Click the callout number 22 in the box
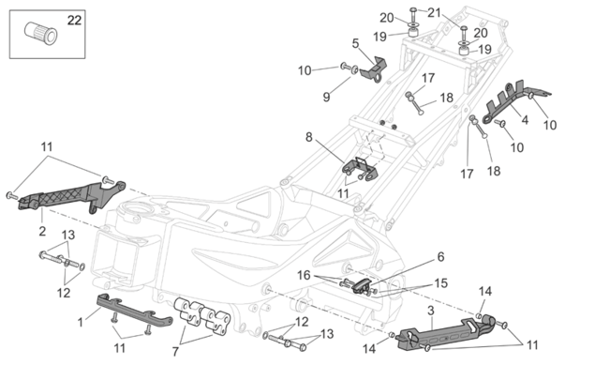tap(74, 20)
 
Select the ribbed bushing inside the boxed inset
tap(41, 34)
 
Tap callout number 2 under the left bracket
tap(42, 231)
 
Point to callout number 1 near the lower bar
tap(80, 323)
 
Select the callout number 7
tap(175, 352)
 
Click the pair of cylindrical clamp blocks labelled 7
tap(201, 316)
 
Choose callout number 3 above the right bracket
tap(431, 311)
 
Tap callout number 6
tap(440, 257)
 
